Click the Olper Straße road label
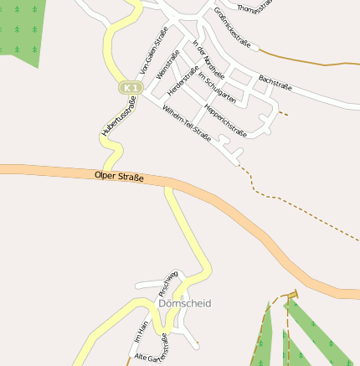click(120, 177)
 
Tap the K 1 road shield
click(128, 87)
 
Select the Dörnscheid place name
click(184, 302)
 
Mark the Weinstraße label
click(167, 65)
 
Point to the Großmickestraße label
click(230, 25)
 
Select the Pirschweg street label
click(167, 282)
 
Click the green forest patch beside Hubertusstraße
click(21, 29)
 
